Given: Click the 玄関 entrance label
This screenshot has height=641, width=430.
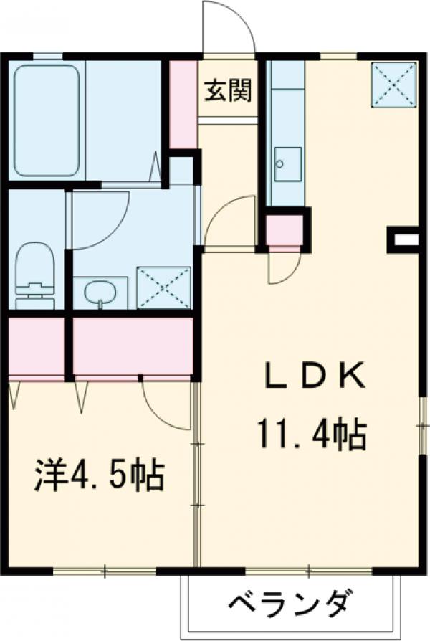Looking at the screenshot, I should point(228,92).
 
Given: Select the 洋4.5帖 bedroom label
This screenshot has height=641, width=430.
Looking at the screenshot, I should point(100,475).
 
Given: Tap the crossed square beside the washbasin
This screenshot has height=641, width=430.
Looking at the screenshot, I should point(164,288).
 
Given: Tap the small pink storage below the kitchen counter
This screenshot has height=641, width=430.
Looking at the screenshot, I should point(284,230).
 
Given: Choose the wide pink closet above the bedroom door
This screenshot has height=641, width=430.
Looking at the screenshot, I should point(133,346).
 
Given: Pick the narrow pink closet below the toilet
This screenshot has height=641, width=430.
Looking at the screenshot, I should point(37,346).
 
